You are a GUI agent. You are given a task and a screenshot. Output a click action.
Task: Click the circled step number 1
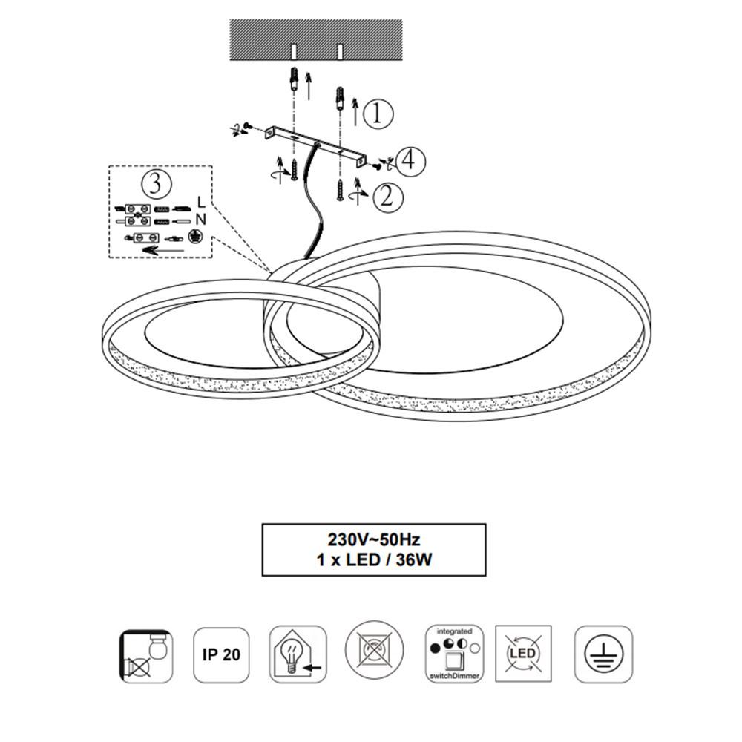378,114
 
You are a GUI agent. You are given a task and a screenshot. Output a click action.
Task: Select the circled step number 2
388,197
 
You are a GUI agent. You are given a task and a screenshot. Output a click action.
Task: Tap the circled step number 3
156,183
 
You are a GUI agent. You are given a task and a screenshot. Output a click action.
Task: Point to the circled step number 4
410,161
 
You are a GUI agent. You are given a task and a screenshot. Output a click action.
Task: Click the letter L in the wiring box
201,202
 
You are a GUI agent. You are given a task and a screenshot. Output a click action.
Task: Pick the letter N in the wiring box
200,220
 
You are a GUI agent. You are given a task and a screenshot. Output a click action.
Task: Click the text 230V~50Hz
374,539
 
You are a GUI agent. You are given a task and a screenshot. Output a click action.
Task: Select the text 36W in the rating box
414,559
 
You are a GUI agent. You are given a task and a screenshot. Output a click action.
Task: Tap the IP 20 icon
221,655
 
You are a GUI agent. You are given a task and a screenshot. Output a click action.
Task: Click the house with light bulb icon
298,655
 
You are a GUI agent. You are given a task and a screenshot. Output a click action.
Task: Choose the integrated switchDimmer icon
455,654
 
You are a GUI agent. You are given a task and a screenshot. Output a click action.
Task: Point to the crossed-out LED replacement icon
523,654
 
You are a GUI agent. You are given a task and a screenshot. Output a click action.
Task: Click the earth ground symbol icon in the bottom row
603,654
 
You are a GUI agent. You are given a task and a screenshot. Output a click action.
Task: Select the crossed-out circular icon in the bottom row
374,650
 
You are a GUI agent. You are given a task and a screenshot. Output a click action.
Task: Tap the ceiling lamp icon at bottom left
145,656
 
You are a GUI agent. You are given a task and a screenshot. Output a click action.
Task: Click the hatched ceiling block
316,40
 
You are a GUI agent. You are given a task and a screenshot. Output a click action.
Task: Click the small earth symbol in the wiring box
194,236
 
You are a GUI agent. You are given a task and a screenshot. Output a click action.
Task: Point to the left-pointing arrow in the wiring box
162,250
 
